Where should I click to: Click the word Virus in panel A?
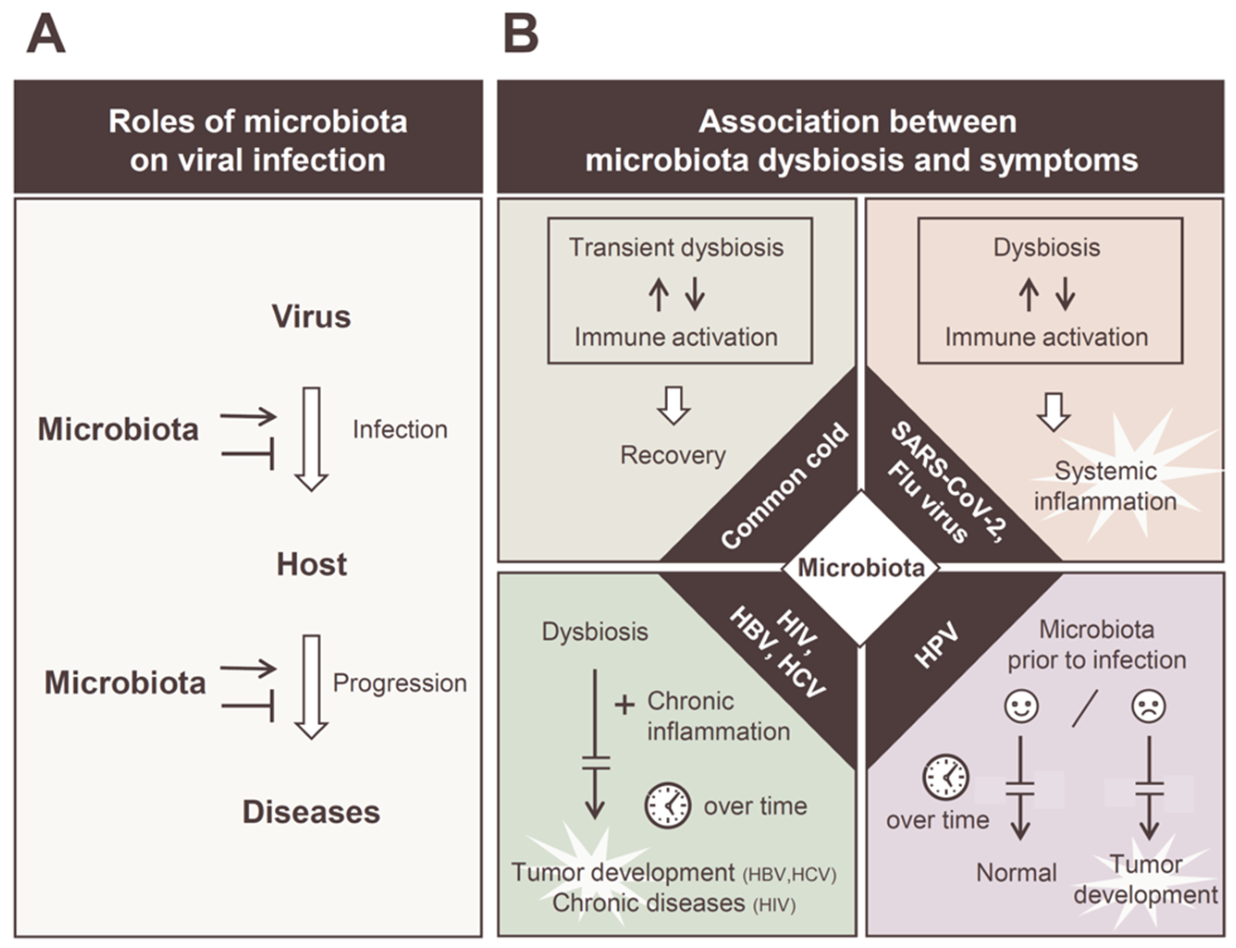click(312, 317)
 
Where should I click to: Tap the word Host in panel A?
click(312, 564)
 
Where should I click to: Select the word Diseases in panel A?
click(312, 812)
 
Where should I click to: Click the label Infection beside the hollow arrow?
click(400, 430)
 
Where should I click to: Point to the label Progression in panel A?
click(400, 683)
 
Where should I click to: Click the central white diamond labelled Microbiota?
click(860, 568)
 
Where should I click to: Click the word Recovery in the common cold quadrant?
click(673, 455)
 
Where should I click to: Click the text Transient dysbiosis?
click(676, 248)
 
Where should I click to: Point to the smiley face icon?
click(1021, 706)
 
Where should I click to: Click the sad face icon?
click(1149, 706)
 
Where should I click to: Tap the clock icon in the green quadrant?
click(668, 805)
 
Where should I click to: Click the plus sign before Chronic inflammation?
click(624, 705)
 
